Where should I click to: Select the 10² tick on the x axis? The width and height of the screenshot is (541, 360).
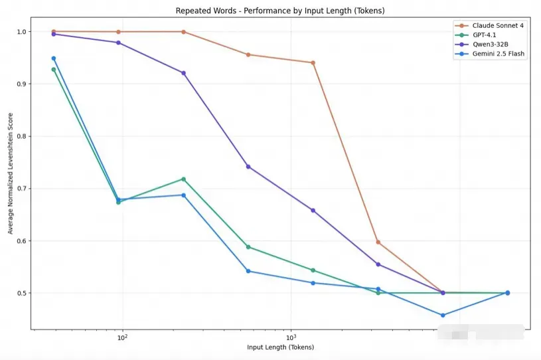click(122, 337)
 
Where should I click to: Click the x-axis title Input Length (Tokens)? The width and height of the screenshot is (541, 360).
click(280, 347)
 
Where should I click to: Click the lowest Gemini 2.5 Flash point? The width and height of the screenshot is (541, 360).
click(443, 315)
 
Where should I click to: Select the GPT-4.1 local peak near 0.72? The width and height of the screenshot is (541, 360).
click(183, 179)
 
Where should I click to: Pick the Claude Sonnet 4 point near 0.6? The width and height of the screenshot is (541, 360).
click(378, 242)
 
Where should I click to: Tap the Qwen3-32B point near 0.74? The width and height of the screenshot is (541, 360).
click(248, 167)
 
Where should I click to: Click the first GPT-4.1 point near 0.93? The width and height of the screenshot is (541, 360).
click(54, 69)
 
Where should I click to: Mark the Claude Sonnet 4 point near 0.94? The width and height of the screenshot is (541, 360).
click(313, 63)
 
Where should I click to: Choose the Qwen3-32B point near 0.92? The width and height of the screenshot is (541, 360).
click(183, 73)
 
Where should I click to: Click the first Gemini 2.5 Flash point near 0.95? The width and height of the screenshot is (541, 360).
click(54, 58)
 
